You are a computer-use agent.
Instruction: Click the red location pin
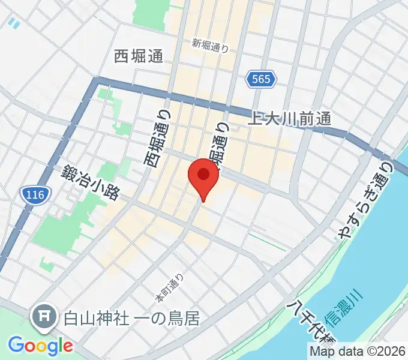(203, 176)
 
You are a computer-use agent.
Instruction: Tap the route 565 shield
(262, 79)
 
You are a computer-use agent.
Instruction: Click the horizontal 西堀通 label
(139, 57)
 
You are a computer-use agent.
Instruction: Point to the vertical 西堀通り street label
(158, 139)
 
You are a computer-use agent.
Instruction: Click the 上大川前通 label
(290, 119)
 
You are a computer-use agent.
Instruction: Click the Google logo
(40, 346)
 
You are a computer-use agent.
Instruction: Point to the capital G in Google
(16, 345)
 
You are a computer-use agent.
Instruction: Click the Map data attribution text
(358, 352)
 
